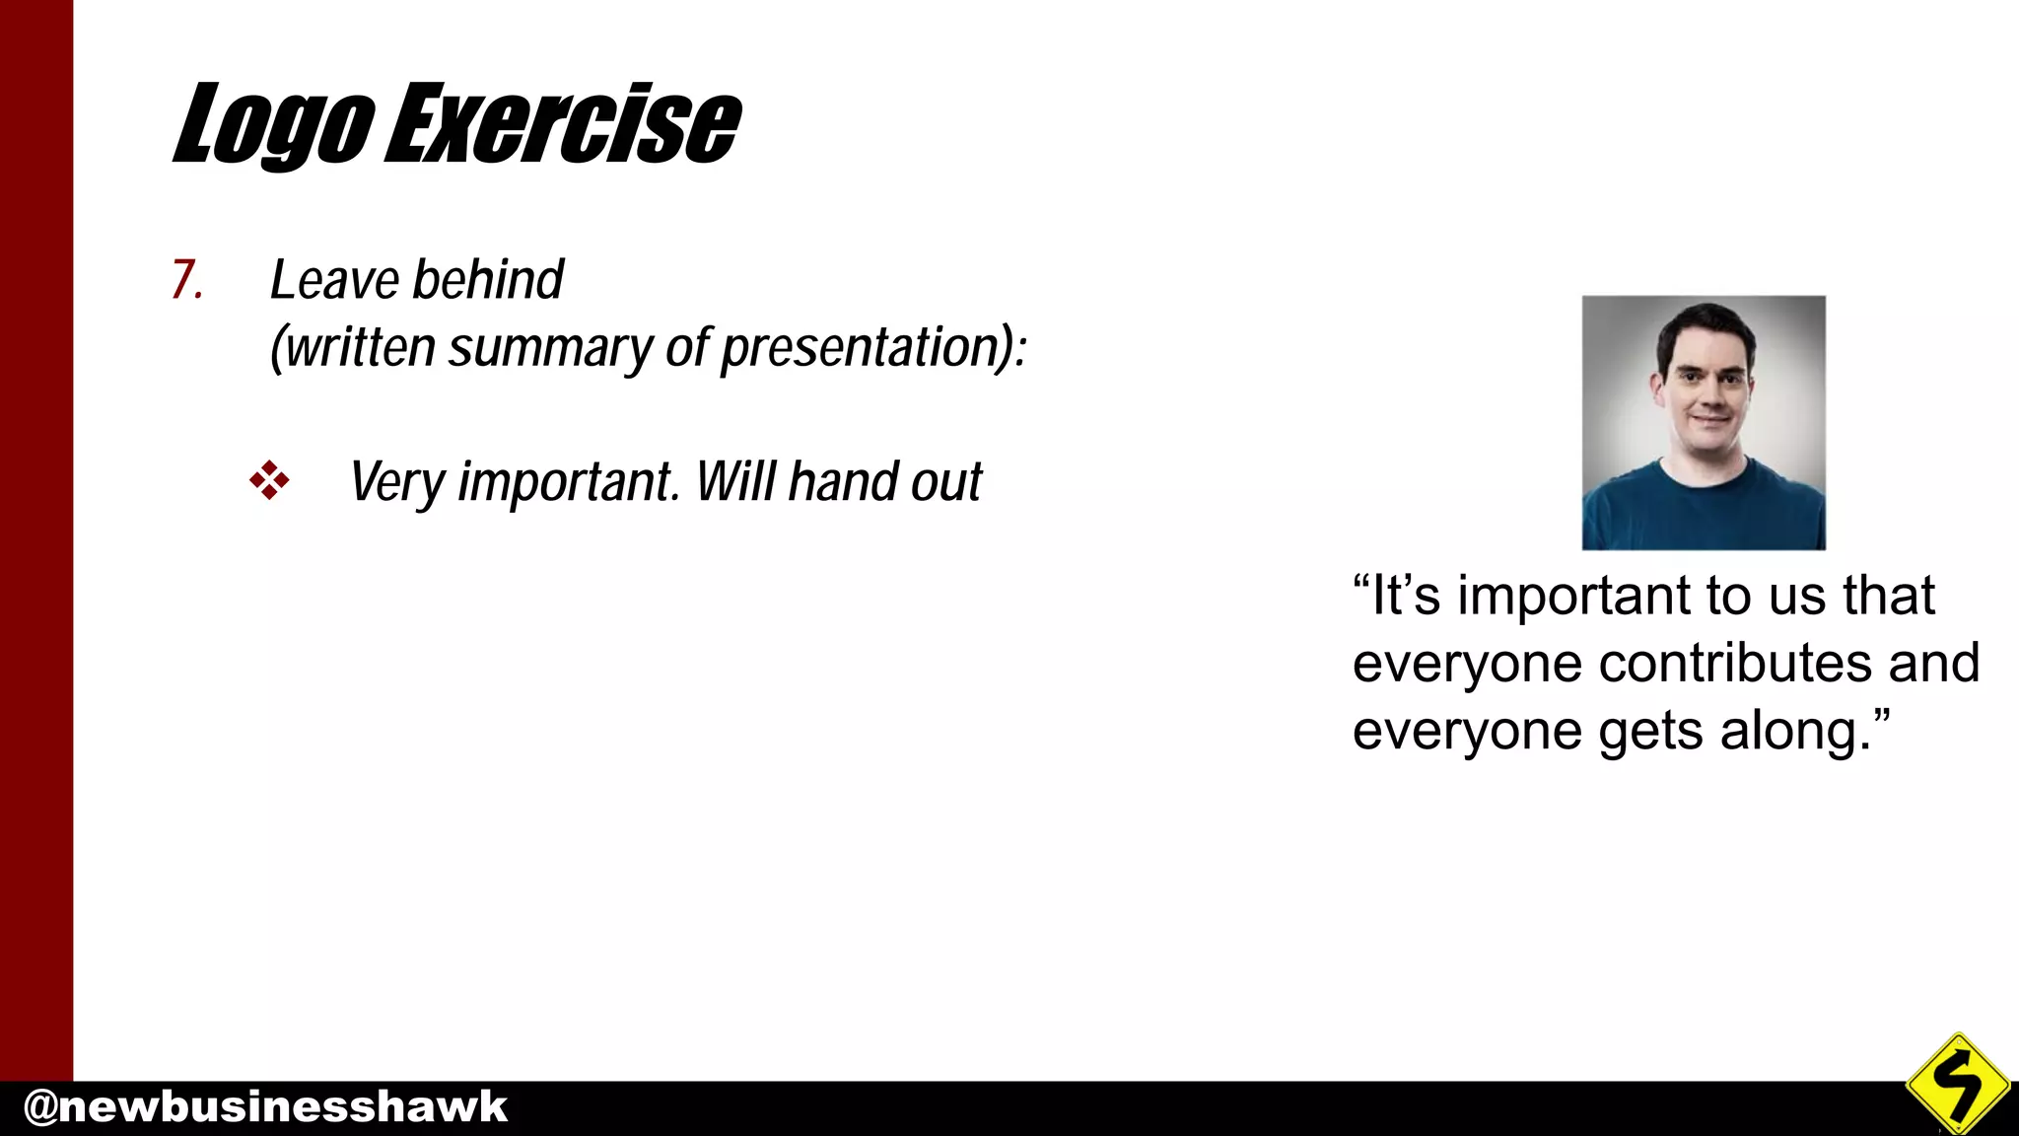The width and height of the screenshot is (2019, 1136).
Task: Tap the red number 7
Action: click(x=186, y=279)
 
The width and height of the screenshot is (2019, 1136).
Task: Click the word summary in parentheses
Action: click(x=550, y=349)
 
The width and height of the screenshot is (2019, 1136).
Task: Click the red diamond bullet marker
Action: click(x=269, y=481)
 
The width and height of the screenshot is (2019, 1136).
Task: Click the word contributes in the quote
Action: click(x=1735, y=663)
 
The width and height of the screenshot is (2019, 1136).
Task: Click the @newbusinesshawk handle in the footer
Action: click(x=264, y=1106)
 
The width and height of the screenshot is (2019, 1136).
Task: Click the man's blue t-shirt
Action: click(x=1703, y=508)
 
